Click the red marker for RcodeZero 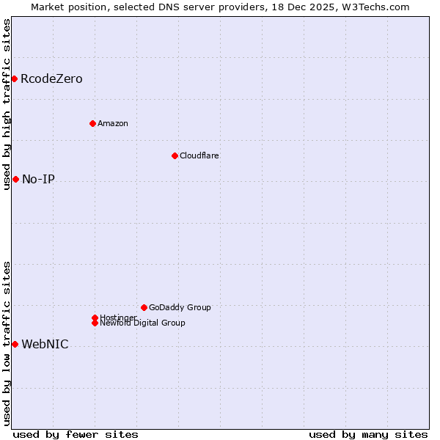(14, 78)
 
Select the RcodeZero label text (51, 79)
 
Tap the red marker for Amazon (92, 123)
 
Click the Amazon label (112, 123)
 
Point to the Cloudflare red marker (175, 155)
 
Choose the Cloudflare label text (199, 155)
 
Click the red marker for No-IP (15, 179)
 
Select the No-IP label (38, 180)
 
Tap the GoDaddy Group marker (144, 307)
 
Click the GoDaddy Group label (179, 307)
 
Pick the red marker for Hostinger (95, 318)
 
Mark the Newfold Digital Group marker (95, 323)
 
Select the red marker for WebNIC (15, 344)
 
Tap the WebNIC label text (45, 345)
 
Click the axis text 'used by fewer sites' (76, 435)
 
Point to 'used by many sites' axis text (368, 435)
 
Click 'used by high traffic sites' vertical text (7, 104)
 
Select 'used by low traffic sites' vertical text (7, 342)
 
